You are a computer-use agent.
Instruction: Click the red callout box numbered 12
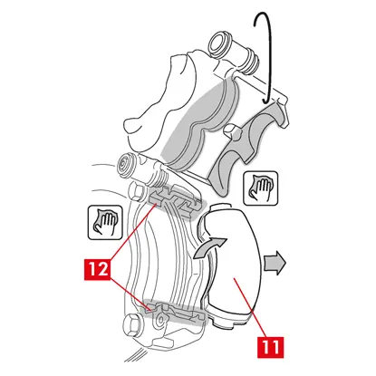point(97,269)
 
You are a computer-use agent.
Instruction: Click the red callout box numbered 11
point(271,347)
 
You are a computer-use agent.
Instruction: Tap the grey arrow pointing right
point(275,263)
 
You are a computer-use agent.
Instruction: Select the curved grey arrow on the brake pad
point(208,247)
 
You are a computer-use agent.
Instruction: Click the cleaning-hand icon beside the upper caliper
point(261,188)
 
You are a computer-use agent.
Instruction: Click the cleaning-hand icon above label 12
point(105,223)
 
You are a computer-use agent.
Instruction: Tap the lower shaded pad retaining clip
point(173,314)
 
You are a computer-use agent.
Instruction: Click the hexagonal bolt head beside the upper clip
point(135,192)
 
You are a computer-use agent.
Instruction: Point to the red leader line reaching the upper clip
point(133,231)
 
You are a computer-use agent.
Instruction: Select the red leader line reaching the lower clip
point(130,293)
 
